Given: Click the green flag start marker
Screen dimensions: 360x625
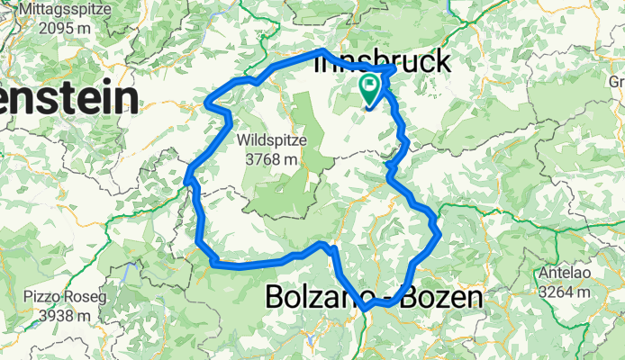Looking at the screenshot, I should (x=371, y=88).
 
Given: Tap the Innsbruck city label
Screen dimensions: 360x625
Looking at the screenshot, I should (x=382, y=63).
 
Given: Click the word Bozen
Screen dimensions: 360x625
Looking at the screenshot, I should (x=444, y=297).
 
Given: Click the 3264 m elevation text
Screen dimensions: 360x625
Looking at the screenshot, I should (x=566, y=292).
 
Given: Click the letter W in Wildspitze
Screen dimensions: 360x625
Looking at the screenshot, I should (x=246, y=141).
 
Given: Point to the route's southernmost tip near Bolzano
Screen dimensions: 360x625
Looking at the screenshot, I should (x=367, y=311).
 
